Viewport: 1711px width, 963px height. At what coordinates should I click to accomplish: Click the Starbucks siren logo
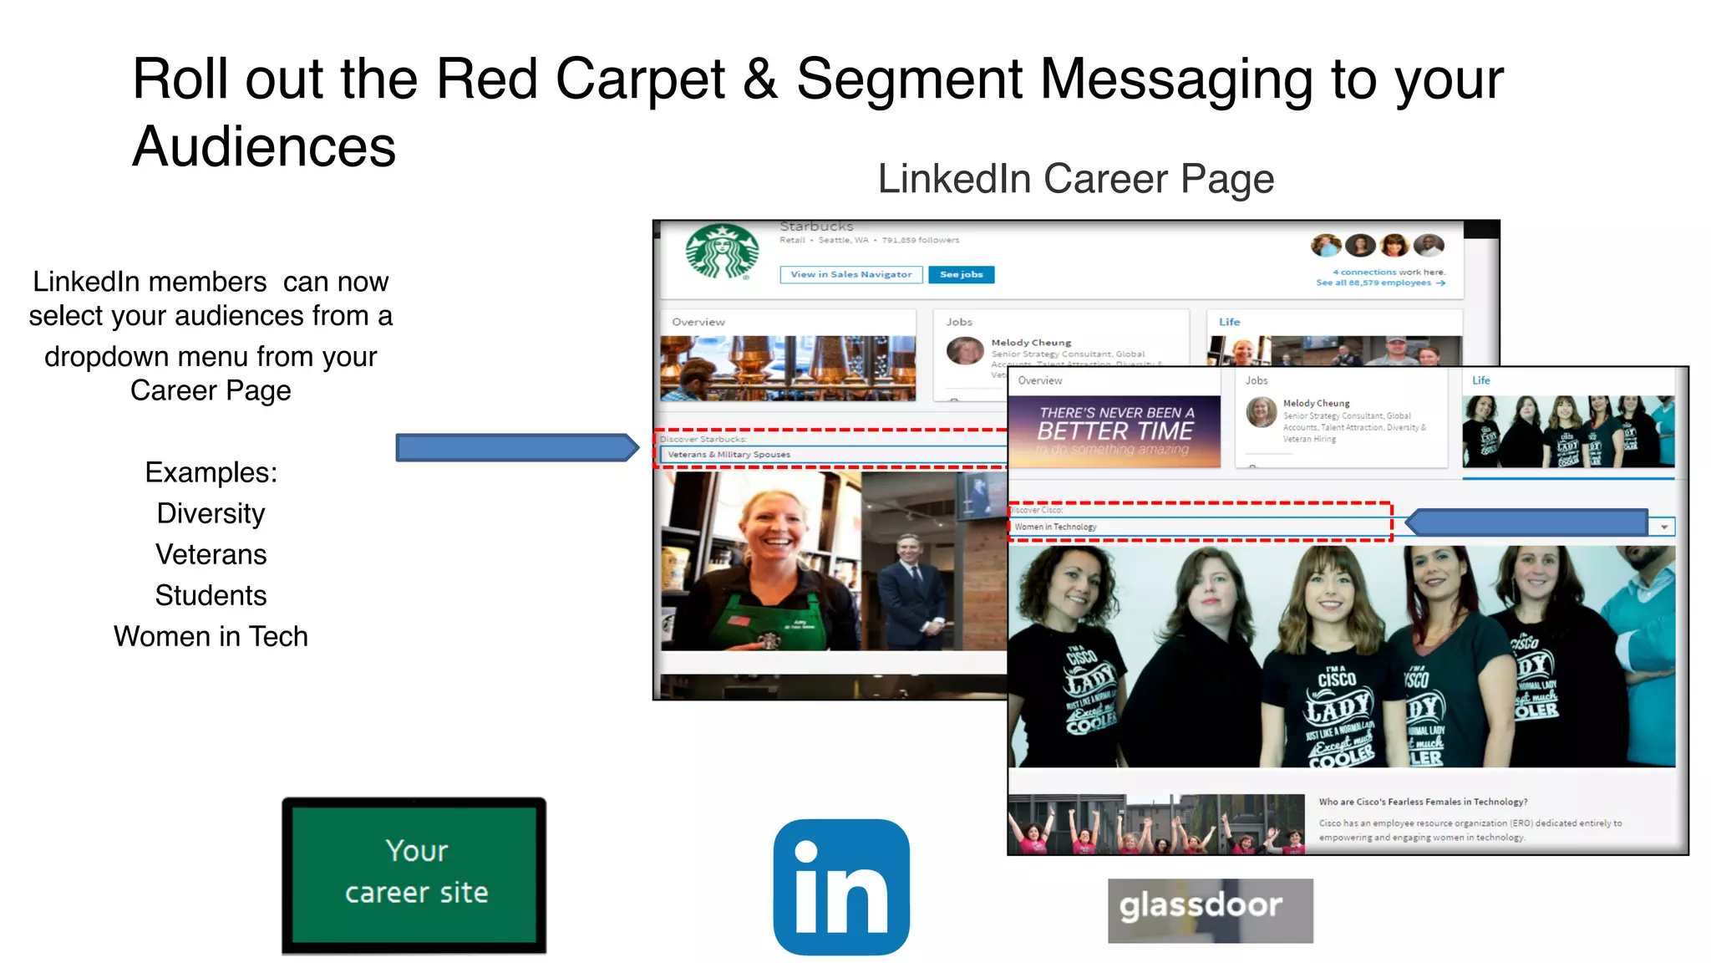(722, 252)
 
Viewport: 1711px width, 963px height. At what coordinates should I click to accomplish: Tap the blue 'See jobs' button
(961, 274)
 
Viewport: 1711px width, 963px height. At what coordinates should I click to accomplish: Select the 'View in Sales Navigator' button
(850, 274)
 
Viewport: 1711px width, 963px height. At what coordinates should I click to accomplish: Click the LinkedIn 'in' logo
(841, 887)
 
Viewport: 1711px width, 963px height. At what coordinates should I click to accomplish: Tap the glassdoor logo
(1210, 909)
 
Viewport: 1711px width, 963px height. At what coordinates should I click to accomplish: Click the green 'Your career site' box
(414, 874)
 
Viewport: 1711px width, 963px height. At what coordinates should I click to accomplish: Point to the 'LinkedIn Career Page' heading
(1075, 179)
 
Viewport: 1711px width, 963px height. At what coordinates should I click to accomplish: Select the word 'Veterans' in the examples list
(211, 554)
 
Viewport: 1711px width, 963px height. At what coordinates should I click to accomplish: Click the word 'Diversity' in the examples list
(211, 513)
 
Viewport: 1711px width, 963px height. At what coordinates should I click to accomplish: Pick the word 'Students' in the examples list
(211, 595)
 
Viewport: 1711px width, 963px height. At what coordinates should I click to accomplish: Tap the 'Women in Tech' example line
(211, 636)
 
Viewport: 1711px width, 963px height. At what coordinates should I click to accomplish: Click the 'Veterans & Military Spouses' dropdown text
(729, 455)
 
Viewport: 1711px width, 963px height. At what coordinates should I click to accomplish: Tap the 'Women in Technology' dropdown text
(1055, 527)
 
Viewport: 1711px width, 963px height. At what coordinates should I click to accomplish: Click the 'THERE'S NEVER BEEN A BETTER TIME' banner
(1114, 431)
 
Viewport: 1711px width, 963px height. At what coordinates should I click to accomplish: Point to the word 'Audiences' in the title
(264, 146)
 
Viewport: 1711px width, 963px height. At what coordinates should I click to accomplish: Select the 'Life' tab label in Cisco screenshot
(1480, 380)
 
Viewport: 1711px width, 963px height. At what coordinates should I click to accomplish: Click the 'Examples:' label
(211, 472)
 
